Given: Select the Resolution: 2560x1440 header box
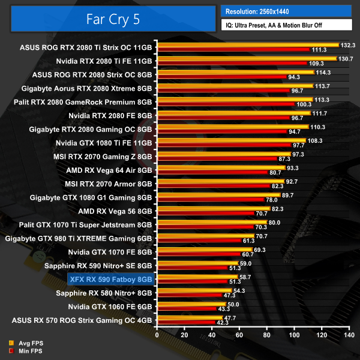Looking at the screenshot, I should click(286, 11).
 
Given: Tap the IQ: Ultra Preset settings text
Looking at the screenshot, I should click(286, 25).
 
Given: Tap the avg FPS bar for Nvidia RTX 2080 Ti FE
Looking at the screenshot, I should click(245, 58).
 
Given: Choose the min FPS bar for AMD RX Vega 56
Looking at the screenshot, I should click(205, 214).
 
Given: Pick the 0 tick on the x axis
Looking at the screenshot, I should click(157, 334).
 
